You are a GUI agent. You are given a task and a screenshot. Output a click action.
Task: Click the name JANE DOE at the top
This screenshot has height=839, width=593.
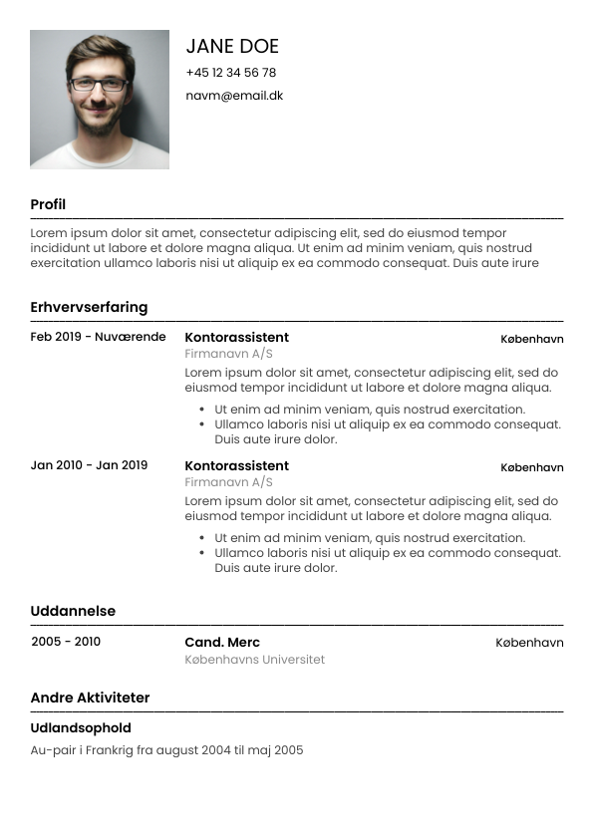point(232,46)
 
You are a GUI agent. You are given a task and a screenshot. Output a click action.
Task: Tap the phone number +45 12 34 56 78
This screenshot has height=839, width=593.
point(230,73)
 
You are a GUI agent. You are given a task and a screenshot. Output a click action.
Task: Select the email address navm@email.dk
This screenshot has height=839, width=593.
point(234,96)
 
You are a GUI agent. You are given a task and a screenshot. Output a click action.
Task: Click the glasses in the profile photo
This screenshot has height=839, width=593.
point(99,84)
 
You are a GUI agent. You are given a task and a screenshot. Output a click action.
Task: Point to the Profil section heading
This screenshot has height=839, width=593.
point(48,204)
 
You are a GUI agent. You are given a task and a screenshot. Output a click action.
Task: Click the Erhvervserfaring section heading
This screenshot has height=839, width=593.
point(89,307)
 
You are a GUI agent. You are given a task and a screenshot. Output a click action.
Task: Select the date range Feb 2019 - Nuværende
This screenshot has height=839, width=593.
point(98,337)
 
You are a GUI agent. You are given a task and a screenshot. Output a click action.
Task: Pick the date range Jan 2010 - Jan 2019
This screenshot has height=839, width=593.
point(89,465)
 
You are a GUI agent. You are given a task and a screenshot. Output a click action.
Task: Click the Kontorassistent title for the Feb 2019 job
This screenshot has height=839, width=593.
point(236,337)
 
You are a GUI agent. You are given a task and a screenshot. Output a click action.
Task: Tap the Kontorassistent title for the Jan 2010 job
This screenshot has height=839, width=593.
point(236,465)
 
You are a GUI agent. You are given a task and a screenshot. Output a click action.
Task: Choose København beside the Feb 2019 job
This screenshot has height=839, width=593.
point(532,339)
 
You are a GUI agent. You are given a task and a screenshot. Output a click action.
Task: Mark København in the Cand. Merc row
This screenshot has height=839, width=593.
point(529,643)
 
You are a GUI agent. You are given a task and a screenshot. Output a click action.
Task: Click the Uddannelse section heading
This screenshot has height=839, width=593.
point(73,611)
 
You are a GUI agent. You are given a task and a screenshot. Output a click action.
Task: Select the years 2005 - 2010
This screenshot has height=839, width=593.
point(66,642)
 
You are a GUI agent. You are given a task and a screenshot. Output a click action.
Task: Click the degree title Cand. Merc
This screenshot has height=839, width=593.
point(222,642)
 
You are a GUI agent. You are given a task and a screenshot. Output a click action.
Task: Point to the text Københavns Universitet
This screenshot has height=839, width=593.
point(254,660)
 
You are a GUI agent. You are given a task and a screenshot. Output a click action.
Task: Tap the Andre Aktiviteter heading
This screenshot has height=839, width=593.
point(90,698)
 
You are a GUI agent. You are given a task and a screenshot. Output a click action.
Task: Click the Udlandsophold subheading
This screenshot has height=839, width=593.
point(81,727)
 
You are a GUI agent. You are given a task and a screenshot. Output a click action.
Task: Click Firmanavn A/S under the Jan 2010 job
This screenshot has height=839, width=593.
point(228,482)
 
